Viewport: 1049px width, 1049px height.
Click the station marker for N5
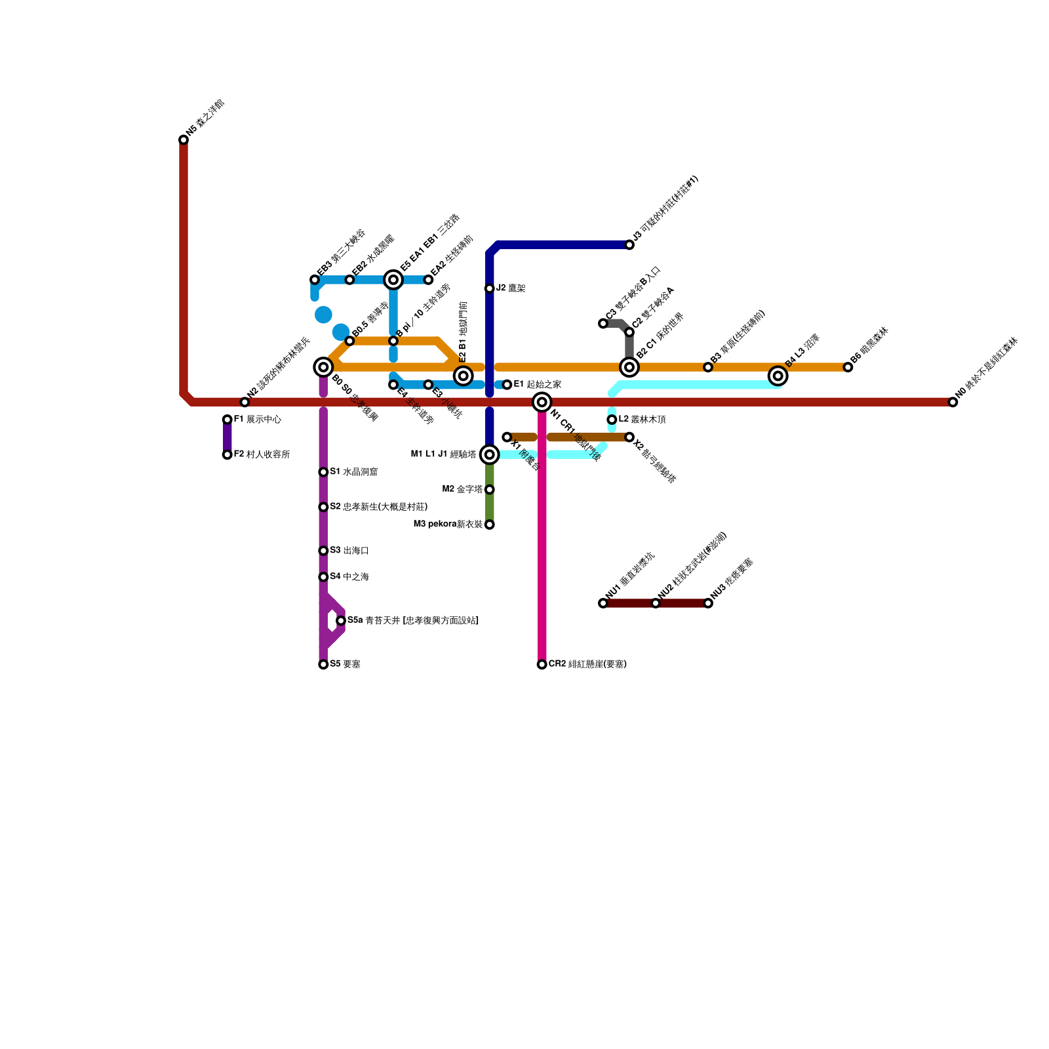click(x=184, y=140)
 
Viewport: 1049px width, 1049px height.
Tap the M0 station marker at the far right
click(x=953, y=402)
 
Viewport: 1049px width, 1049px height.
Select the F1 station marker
click(x=227, y=420)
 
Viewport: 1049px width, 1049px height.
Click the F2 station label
click(x=262, y=454)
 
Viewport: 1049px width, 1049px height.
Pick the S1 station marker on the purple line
click(x=323, y=472)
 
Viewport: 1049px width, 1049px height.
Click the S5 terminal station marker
click(x=323, y=664)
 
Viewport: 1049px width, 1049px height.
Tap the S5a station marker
click(x=341, y=620)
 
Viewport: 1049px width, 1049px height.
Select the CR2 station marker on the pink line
click(x=542, y=664)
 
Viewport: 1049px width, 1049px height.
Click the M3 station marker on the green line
click(x=489, y=524)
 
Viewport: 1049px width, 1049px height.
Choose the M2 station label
click(x=462, y=489)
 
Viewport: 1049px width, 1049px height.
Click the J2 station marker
click(x=489, y=288)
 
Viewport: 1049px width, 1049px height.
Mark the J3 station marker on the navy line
click(x=629, y=245)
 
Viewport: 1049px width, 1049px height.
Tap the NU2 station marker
click(x=656, y=603)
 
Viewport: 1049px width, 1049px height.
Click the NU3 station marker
click(x=708, y=603)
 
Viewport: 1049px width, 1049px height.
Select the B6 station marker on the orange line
click(x=848, y=367)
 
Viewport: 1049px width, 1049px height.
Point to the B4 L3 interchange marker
click(x=778, y=376)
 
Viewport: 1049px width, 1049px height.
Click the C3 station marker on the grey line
click(x=603, y=323)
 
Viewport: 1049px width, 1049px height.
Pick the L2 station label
click(x=642, y=420)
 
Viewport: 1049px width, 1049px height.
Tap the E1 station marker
click(x=507, y=384)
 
